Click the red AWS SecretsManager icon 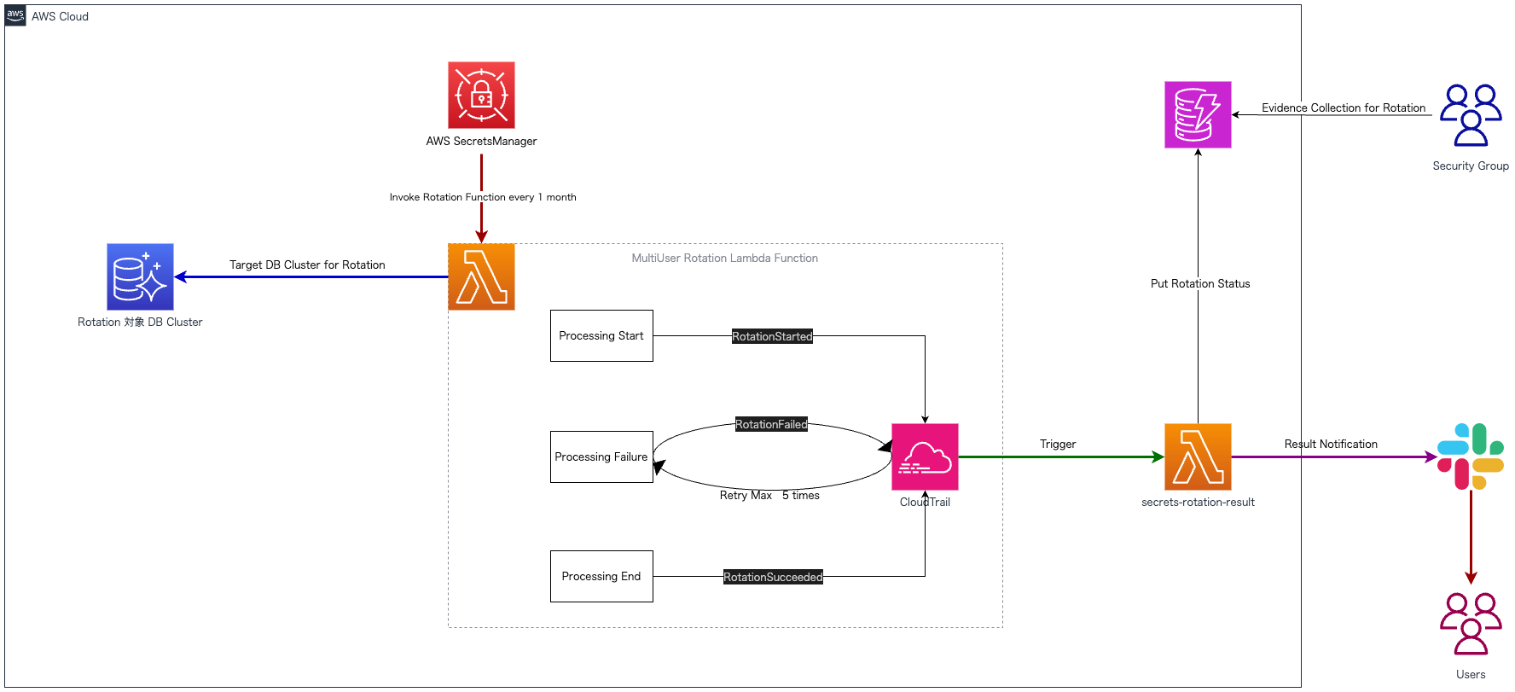(x=481, y=95)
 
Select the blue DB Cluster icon (x=140, y=276)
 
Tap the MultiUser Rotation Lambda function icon (x=481, y=276)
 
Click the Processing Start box (x=601, y=335)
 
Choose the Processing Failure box (x=601, y=456)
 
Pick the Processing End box (x=601, y=576)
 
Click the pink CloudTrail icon (x=925, y=456)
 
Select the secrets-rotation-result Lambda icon (x=1198, y=456)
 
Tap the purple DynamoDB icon (x=1198, y=114)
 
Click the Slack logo (x=1471, y=456)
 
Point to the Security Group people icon (x=1471, y=115)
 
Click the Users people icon (x=1471, y=624)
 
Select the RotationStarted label (x=772, y=336)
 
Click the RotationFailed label (x=771, y=424)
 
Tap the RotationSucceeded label (x=773, y=577)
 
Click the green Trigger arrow (x=1061, y=456)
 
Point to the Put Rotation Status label (x=1200, y=283)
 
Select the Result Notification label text (x=1331, y=444)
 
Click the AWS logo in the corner (x=15, y=15)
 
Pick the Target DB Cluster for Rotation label (x=307, y=265)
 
